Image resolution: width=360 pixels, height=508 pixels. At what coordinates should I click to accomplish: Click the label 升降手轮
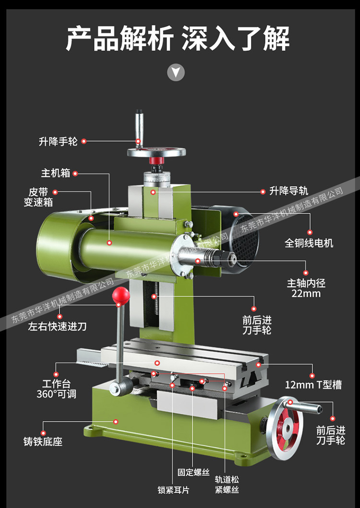[x=58, y=142]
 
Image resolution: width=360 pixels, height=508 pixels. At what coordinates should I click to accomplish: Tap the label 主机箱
[x=56, y=173]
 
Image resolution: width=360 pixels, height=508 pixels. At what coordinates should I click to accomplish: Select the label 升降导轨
[x=289, y=191]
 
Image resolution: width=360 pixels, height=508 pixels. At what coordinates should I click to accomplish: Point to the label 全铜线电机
[x=309, y=243]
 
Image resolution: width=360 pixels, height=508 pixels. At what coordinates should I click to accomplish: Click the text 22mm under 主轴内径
[x=306, y=293]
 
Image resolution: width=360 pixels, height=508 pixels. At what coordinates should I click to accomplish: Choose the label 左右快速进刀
[x=58, y=327]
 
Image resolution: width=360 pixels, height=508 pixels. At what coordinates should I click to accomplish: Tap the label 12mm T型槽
[x=313, y=385]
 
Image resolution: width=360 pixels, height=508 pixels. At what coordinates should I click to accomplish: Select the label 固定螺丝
[x=193, y=472]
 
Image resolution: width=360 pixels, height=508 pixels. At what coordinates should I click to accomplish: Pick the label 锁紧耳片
[x=173, y=490]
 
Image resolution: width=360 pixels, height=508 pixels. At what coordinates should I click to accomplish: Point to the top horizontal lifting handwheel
[x=156, y=153]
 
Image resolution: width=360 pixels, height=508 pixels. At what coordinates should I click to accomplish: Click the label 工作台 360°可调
[x=56, y=389]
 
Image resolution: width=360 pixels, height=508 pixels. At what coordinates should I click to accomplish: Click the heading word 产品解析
[x=119, y=38]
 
